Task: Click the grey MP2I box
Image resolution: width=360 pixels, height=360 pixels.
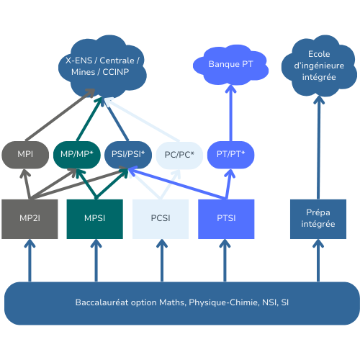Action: coord(30,219)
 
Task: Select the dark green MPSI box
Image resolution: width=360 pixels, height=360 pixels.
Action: coord(95,219)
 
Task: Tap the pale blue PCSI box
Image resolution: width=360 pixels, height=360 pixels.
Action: coord(161,219)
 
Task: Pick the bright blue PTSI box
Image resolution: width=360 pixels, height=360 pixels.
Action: coord(226,219)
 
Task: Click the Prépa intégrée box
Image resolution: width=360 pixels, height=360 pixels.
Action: coord(318,219)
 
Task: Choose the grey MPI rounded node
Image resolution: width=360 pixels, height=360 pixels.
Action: coord(25,155)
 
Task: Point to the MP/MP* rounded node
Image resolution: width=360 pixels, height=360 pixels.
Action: coord(77,155)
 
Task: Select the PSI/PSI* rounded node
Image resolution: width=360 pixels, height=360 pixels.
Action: coord(128,155)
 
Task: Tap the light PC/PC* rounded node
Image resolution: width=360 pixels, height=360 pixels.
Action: coord(179,156)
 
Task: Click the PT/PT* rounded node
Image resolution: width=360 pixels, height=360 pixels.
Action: coord(230,155)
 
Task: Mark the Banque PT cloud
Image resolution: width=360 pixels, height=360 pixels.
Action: coord(230,65)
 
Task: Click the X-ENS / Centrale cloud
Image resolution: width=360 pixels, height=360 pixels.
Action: coord(102,66)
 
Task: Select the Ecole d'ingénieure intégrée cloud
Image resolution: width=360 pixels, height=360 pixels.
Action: coord(319,66)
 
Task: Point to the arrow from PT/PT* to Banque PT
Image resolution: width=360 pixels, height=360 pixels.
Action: coord(231,113)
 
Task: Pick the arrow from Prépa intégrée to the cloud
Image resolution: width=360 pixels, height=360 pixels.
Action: coord(319,148)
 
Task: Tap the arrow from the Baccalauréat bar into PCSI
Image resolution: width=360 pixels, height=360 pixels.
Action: coord(162,261)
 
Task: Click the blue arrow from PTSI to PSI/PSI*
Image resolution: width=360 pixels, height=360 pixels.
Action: coord(177,183)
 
